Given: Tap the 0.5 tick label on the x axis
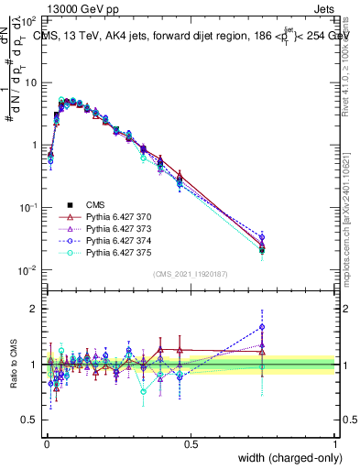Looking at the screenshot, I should pos(191,443).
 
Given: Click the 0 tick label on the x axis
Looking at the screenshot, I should pos(46,443).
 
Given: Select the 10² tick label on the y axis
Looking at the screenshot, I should pos(27,19).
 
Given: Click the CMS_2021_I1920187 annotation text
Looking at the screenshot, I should pos(190,275).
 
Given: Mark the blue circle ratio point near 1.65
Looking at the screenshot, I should pos(262,327).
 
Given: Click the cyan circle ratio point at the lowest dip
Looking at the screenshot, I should pos(143,391).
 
